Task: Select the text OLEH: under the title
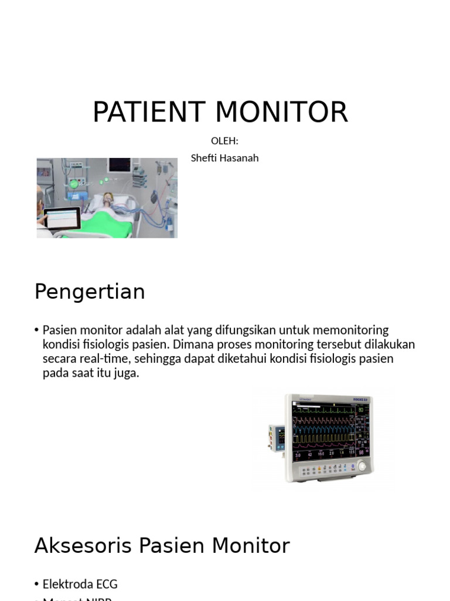[x=224, y=141]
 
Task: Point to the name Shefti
[x=203, y=158]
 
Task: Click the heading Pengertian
[x=90, y=292]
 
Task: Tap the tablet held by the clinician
[x=61, y=218]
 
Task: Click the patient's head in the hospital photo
[x=108, y=198]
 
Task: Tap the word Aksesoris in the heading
[x=81, y=546]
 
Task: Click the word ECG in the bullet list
[x=105, y=584]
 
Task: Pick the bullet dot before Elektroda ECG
[x=37, y=585]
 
